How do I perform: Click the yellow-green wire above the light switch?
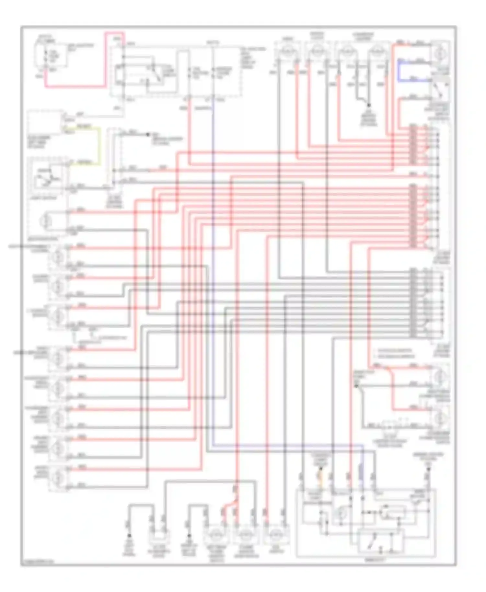(99, 146)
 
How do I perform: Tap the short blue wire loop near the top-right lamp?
(399, 70)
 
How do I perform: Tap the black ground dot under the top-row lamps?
(368, 105)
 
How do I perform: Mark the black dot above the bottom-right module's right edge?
(428, 469)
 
